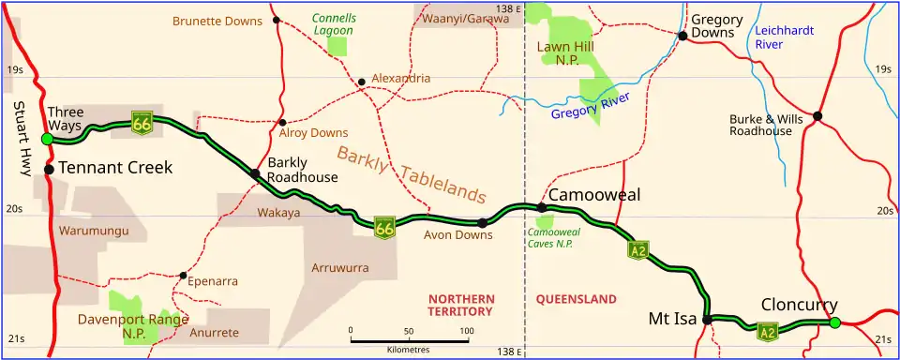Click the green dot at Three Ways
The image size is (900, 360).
click(47, 139)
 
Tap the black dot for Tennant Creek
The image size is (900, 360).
click(49, 170)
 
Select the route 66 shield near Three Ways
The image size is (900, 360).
click(142, 123)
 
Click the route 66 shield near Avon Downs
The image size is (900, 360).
click(383, 227)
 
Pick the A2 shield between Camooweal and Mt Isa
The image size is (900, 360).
click(637, 249)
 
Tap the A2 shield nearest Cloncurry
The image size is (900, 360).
click(768, 331)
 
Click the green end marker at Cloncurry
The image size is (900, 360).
click(834, 323)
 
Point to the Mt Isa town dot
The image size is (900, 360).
click(708, 320)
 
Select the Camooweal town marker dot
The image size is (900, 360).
click(541, 207)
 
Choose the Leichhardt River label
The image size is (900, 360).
click(784, 37)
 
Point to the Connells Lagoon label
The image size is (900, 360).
click(334, 23)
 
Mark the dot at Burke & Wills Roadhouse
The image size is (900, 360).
click(817, 116)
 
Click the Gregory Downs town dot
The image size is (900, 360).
click(682, 36)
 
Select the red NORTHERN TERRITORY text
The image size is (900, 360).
click(460, 305)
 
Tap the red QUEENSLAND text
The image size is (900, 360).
click(576, 299)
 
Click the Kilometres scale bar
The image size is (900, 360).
click(408, 338)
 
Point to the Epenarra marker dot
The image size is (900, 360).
click(183, 276)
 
